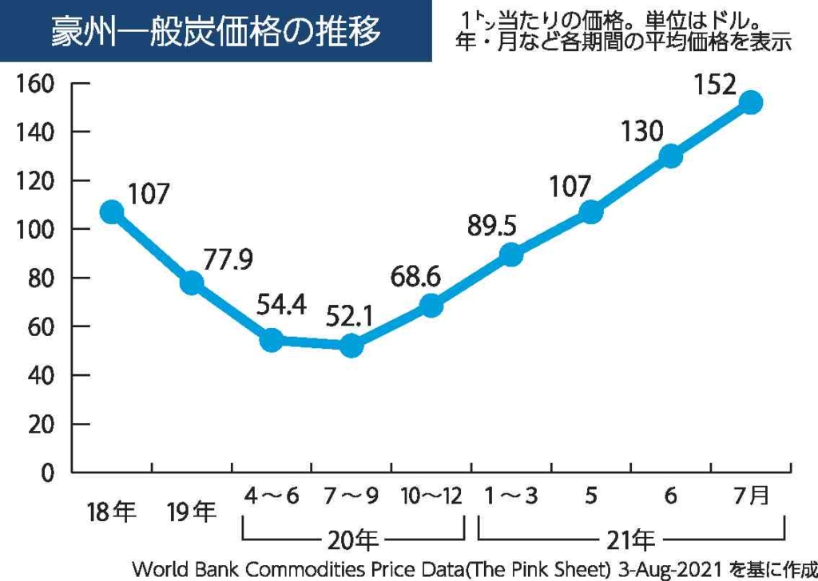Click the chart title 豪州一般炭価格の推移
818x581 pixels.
(x=216, y=32)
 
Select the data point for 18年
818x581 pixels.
(x=112, y=212)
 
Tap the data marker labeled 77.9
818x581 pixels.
(x=192, y=283)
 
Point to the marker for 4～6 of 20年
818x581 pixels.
(x=272, y=340)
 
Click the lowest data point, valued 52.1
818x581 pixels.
(x=351, y=346)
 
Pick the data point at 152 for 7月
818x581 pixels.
(x=750, y=102)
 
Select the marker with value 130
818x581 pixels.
(x=671, y=156)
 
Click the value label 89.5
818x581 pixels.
(x=491, y=226)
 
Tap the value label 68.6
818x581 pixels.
(x=415, y=276)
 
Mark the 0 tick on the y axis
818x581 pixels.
(x=48, y=472)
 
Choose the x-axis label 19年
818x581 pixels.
(x=192, y=511)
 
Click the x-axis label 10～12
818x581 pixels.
(x=431, y=496)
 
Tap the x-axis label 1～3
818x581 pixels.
(x=511, y=496)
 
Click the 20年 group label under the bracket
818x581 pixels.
(x=352, y=540)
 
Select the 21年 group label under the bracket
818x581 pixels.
(x=631, y=540)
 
